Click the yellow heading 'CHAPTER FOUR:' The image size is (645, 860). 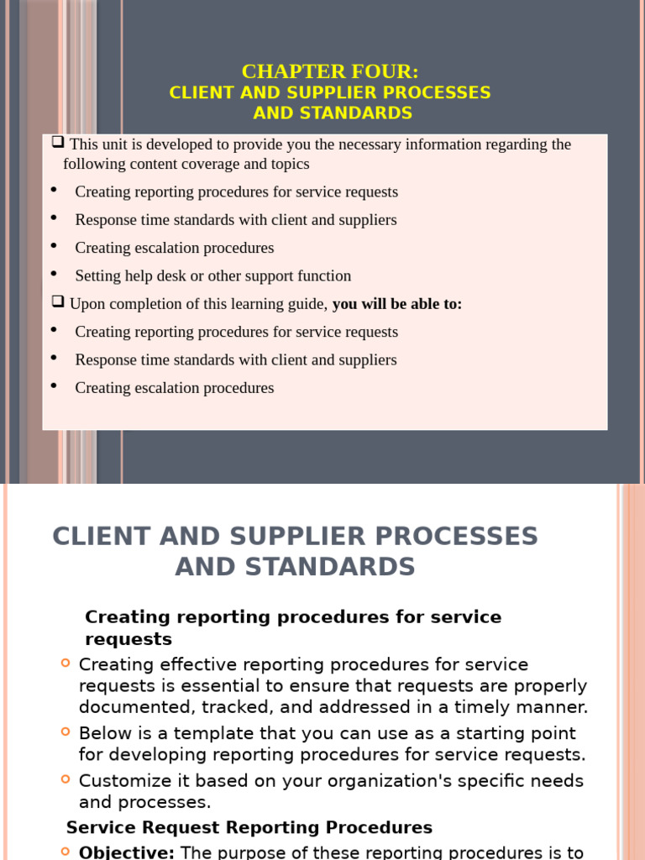point(330,71)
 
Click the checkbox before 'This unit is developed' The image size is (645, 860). point(58,143)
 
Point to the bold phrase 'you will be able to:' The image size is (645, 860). point(397,304)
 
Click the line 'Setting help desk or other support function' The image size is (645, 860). point(212,275)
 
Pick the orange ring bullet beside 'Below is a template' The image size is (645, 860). point(66,732)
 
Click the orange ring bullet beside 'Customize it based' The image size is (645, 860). point(66,779)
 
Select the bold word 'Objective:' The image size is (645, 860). point(127,852)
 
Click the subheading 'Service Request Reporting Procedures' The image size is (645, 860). point(249,827)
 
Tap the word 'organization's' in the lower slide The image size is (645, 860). point(379,780)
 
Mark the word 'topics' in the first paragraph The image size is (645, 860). point(290,165)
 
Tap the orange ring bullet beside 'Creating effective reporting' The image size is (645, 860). point(66,663)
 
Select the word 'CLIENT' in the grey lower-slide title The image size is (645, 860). point(101,536)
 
